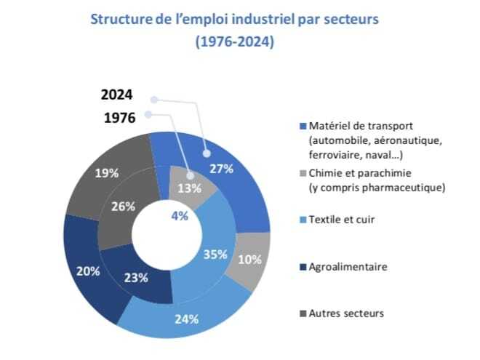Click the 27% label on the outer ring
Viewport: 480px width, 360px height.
220,169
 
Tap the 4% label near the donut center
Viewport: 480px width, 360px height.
180,215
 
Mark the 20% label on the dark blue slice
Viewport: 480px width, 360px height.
88,271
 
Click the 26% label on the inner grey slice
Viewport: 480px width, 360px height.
124,206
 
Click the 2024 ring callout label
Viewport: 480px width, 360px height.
117,95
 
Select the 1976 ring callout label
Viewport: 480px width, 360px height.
119,117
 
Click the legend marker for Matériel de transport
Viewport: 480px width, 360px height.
302,123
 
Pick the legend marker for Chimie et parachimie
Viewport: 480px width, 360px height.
302,174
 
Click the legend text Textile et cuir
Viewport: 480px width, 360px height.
342,220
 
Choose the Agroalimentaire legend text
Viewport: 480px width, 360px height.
348,267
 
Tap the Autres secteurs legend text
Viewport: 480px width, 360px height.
346,313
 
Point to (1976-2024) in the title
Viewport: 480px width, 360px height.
234,42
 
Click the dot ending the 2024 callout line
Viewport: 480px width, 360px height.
207,153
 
